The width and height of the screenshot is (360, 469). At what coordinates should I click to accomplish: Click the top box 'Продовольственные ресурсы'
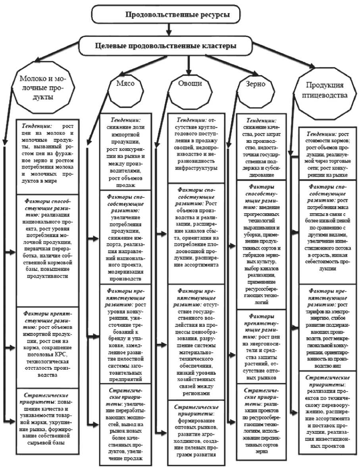coord(166,15)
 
